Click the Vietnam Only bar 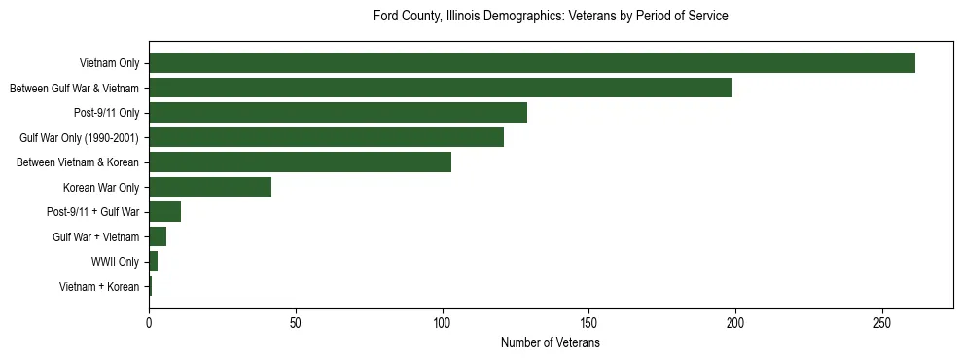click(x=532, y=63)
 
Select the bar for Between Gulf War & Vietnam click(x=441, y=88)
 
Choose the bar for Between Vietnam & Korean click(x=300, y=162)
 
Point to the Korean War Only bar click(x=210, y=187)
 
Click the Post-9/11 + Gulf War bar click(x=164, y=212)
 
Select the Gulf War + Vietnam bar click(x=158, y=236)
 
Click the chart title click(x=551, y=17)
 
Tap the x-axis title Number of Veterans click(x=551, y=343)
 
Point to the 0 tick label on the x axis click(x=149, y=323)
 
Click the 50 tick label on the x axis click(x=296, y=323)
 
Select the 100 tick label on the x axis click(x=443, y=323)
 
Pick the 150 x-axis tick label click(x=589, y=323)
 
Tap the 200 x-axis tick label click(x=735, y=323)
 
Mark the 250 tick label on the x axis click(x=882, y=323)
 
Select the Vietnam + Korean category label click(x=99, y=287)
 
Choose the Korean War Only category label click(x=101, y=187)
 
